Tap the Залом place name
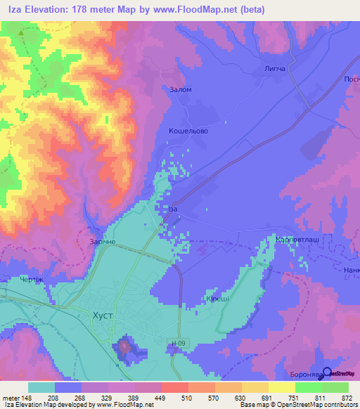181,90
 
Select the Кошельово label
188,131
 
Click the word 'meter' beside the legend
11,398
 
